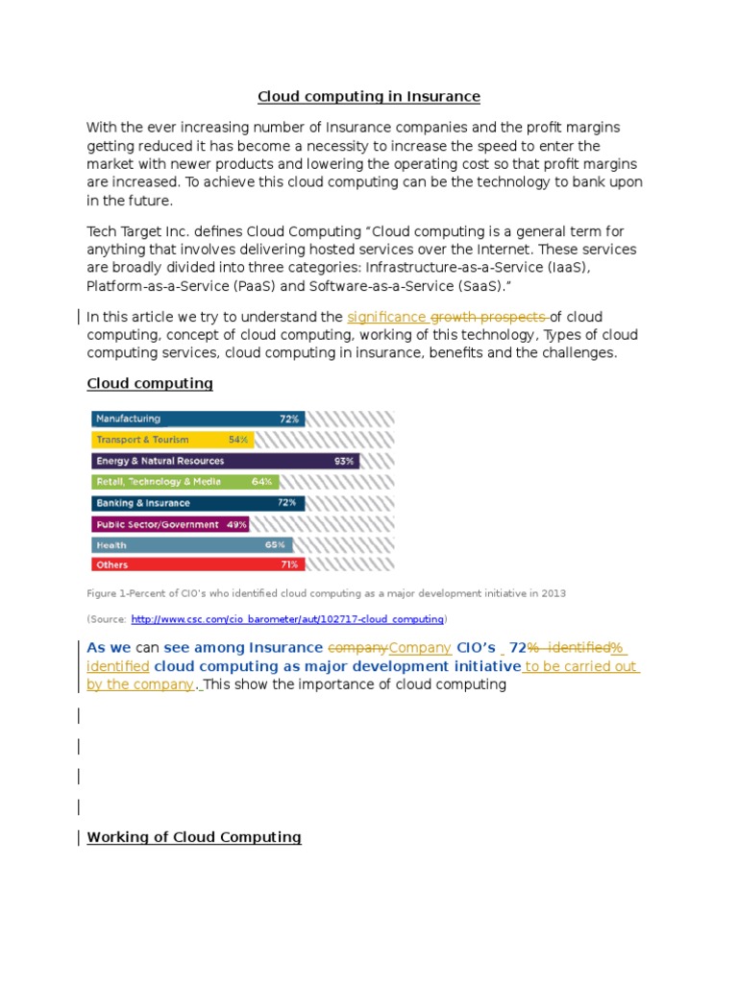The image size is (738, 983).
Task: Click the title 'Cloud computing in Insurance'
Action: [368, 97]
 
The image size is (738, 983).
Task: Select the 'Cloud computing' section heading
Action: [150, 384]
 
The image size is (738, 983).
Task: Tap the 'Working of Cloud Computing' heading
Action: [194, 837]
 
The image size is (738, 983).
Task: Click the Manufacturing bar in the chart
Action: [197, 420]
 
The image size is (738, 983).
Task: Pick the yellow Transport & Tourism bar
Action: [171, 440]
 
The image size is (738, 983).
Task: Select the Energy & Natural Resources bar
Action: [225, 461]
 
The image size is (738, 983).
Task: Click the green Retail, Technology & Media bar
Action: [184, 482]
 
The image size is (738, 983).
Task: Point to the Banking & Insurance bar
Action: [197, 503]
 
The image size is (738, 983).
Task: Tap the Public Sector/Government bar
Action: [170, 524]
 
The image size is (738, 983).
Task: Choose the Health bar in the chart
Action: [187, 544]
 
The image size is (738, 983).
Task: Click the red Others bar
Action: [195, 565]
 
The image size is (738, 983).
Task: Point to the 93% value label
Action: [344, 461]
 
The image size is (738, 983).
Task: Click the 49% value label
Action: [236, 524]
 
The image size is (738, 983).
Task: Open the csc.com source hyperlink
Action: [287, 619]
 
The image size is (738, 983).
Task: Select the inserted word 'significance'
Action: [386, 317]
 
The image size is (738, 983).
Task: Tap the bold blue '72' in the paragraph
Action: [517, 648]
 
